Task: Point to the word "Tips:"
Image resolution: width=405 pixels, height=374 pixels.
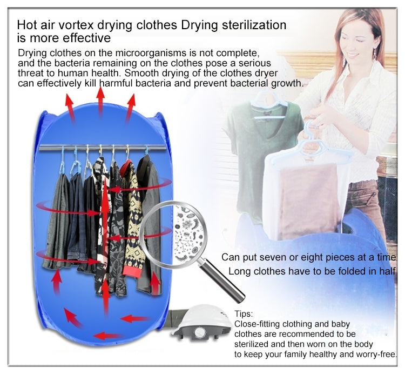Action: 244,314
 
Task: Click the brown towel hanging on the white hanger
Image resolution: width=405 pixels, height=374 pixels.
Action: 308,200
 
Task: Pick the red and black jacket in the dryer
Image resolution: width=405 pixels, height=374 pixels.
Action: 129,216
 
